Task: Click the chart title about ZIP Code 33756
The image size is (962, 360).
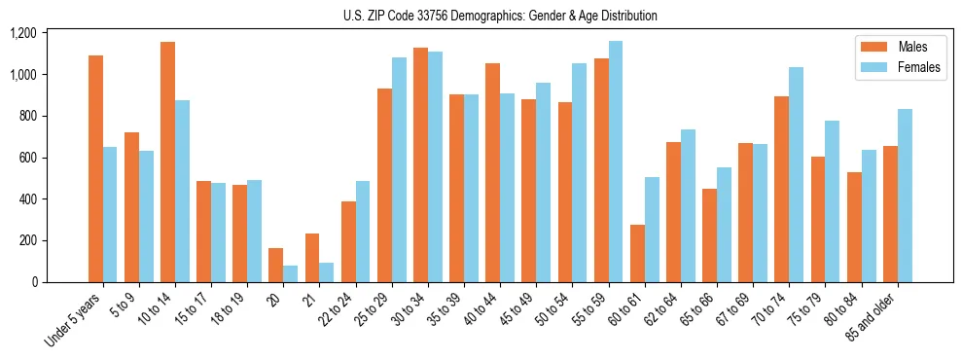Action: (x=500, y=16)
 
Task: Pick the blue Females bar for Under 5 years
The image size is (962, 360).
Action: (x=110, y=214)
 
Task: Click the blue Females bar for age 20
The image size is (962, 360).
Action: (x=291, y=273)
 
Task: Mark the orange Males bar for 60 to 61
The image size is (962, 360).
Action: (x=637, y=253)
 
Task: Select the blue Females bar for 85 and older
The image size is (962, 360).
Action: (x=905, y=196)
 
